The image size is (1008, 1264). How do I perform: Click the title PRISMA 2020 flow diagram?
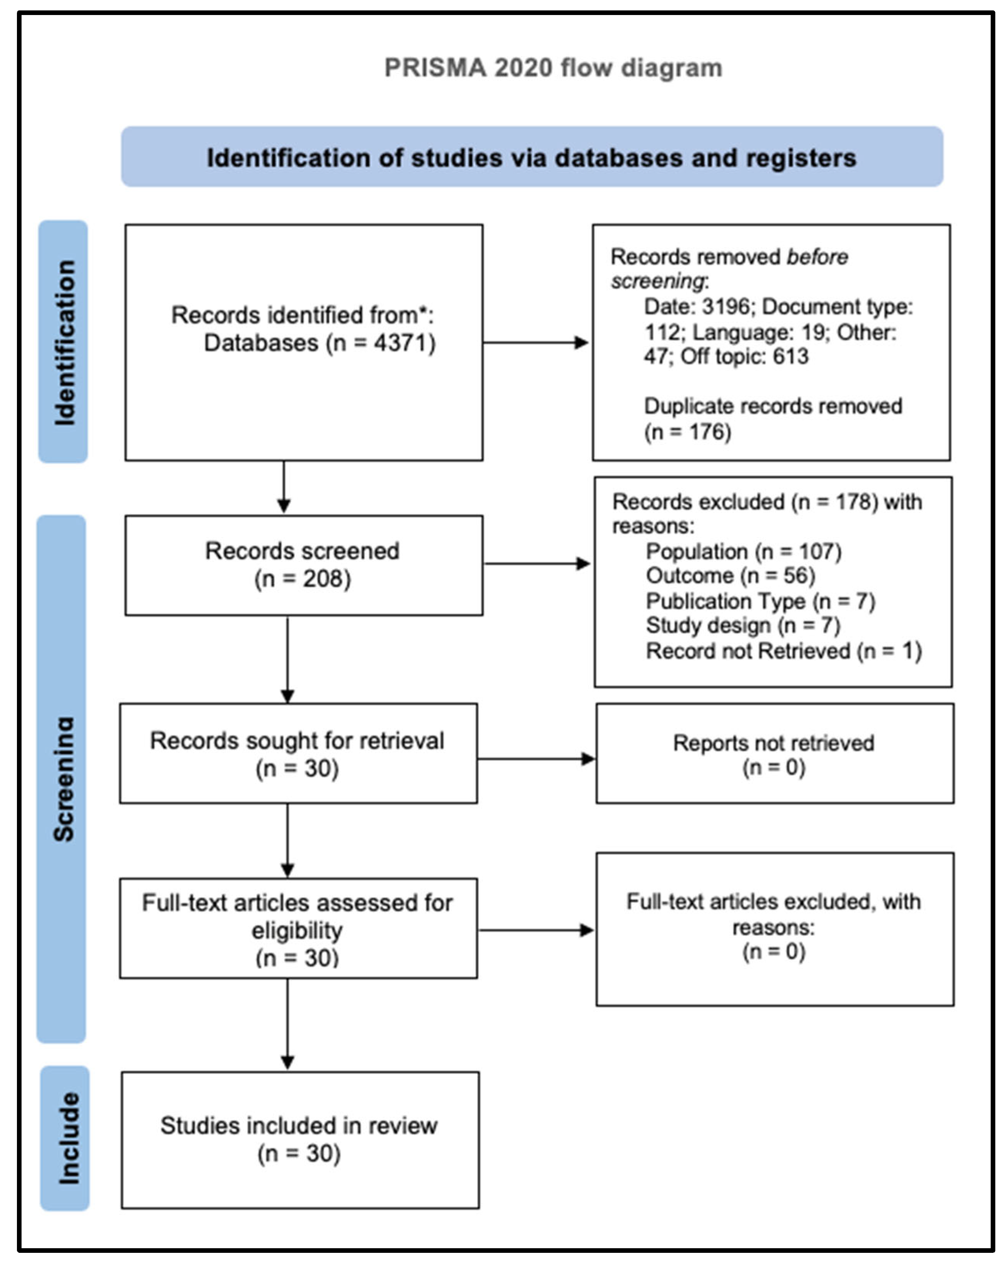pos(553,68)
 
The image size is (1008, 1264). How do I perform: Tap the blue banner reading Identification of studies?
pos(532,158)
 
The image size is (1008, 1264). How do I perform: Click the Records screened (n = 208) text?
pos(303,565)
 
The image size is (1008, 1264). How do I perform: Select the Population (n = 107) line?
pos(743,552)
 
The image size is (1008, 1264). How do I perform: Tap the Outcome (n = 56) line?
pos(730,576)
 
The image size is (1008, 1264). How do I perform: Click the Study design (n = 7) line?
pos(742,625)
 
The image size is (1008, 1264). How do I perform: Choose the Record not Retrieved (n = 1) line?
pos(784,651)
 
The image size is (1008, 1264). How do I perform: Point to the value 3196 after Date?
pos(725,307)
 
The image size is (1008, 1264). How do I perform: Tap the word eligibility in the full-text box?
pos(297,930)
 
